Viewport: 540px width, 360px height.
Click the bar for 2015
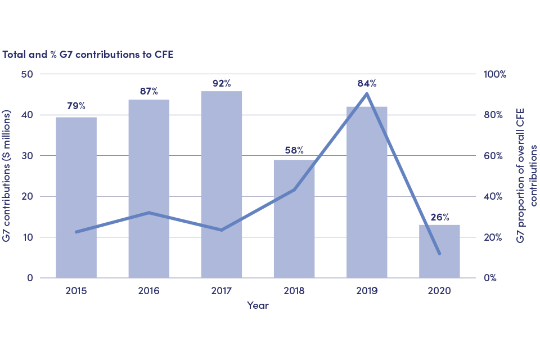pyautogui.click(x=76, y=197)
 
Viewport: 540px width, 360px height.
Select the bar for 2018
pyautogui.click(x=294, y=219)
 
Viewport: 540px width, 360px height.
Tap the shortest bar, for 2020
pyautogui.click(x=439, y=251)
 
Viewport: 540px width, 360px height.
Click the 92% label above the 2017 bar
pyautogui.click(x=222, y=83)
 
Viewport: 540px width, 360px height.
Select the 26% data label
pyautogui.click(x=440, y=217)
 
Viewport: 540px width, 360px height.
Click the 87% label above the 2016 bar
pyautogui.click(x=149, y=91)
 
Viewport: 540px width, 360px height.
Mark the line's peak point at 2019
pyautogui.click(x=367, y=94)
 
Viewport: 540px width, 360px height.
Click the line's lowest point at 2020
pyautogui.click(x=439, y=254)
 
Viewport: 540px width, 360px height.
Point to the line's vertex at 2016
pyautogui.click(x=149, y=213)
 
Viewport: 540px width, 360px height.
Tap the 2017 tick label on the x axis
pyautogui.click(x=222, y=291)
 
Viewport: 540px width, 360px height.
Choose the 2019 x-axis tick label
pyautogui.click(x=367, y=291)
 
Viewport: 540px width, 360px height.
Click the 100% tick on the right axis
pyautogui.click(x=496, y=74)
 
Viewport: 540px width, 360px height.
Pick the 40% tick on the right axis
pyautogui.click(x=494, y=196)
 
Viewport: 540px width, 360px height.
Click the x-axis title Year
pyautogui.click(x=258, y=305)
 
